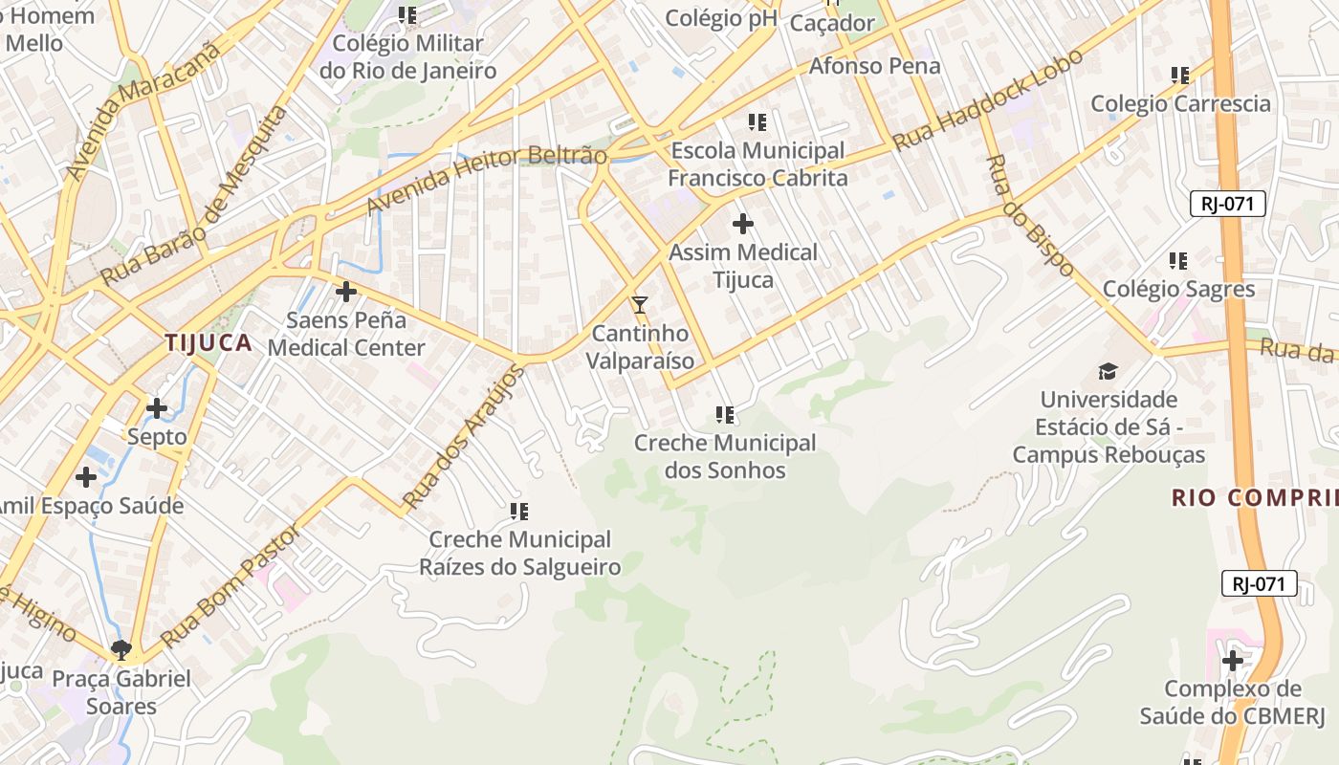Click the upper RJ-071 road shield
[1228, 204]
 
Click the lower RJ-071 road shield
[1259, 583]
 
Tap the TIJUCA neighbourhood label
[208, 342]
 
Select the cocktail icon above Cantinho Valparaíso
[640, 305]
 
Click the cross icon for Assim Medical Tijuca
[743, 224]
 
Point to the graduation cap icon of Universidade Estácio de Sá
[1108, 371]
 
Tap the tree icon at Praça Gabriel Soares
[121, 650]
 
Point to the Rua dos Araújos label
[464, 436]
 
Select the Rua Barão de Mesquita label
[194, 195]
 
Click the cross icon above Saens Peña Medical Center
[346, 291]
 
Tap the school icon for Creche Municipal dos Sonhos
[725, 415]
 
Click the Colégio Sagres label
[1178, 289]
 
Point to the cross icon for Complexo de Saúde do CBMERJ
[1233, 660]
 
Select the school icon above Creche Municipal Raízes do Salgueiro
[519, 512]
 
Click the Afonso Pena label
[874, 66]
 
